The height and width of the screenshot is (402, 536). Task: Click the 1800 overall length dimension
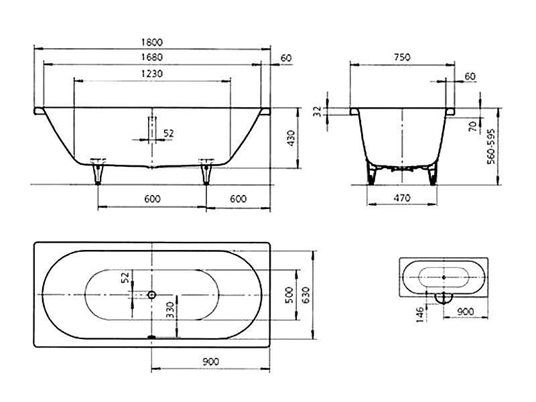152,42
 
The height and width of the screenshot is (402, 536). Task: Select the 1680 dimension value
152,57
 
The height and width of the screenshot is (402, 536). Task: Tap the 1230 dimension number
152,74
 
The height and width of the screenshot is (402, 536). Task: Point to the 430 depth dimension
291,138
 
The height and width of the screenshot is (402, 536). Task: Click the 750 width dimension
402,57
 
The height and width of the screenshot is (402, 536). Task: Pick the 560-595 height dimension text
491,146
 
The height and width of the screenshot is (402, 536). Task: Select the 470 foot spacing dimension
402,198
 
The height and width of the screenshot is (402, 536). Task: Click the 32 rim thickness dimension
318,111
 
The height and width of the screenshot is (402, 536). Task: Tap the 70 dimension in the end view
473,127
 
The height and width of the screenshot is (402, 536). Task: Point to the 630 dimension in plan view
306,295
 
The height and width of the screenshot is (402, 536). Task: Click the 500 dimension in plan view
289,295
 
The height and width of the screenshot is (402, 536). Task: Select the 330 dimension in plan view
170,310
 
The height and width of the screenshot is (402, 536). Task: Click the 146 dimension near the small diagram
420,314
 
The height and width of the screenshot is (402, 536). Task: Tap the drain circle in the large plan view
152,295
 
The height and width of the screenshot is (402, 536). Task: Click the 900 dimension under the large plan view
210,361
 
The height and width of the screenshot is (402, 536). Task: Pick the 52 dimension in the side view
169,133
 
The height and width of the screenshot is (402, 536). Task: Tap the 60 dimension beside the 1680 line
286,58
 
